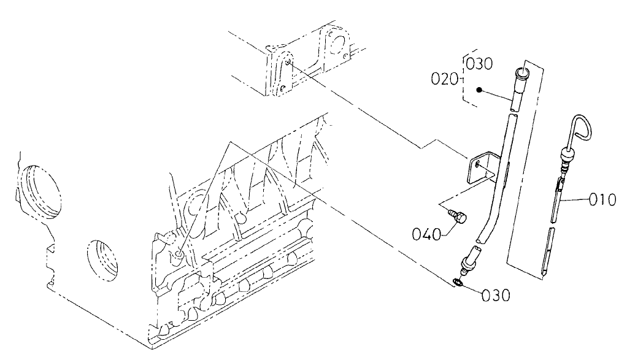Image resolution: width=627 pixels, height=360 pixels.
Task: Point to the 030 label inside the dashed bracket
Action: (480, 63)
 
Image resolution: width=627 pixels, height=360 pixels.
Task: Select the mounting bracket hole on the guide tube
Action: (479, 164)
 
